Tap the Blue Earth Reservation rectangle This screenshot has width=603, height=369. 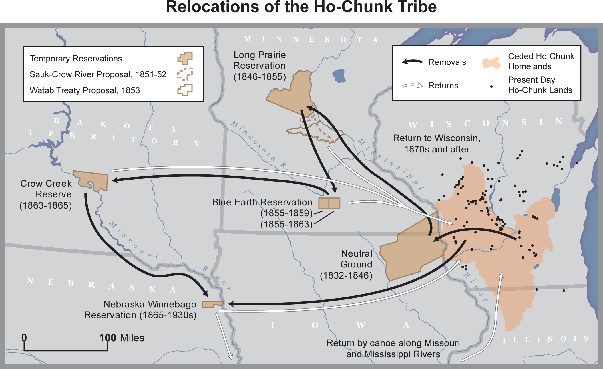(329, 203)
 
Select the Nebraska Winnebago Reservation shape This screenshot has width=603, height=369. (212, 304)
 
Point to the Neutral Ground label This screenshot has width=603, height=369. (356, 259)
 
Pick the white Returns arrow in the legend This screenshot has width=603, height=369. (412, 85)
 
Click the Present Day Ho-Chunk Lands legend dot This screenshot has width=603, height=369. (491, 86)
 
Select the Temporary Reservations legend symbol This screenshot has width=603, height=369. (185, 58)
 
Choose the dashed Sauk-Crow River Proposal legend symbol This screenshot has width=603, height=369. (185, 74)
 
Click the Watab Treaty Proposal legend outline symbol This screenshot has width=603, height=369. (185, 90)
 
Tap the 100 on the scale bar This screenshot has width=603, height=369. (108, 338)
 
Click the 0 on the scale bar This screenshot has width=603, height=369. (24, 338)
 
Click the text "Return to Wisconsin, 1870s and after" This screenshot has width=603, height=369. (437, 144)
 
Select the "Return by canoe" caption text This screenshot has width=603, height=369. (393, 348)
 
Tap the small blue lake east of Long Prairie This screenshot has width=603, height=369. (339, 76)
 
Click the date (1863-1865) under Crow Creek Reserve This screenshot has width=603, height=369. (46, 205)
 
